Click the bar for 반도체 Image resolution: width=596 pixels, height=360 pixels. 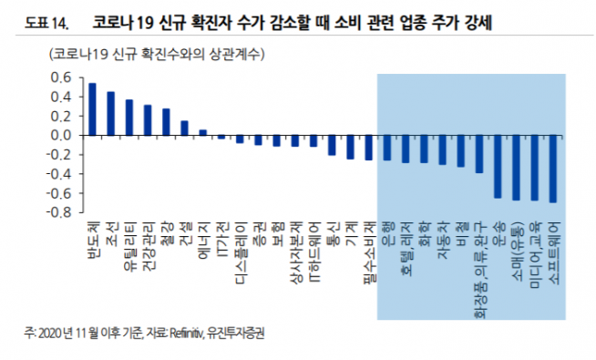(x=91, y=108)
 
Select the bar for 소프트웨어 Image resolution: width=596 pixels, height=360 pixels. (x=553, y=169)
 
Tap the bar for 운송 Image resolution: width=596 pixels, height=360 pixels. (x=498, y=166)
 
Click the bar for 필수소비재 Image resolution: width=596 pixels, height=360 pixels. (x=368, y=148)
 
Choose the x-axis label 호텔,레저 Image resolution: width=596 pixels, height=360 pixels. (x=406, y=239)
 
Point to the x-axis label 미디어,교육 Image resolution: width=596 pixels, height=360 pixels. (x=535, y=245)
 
